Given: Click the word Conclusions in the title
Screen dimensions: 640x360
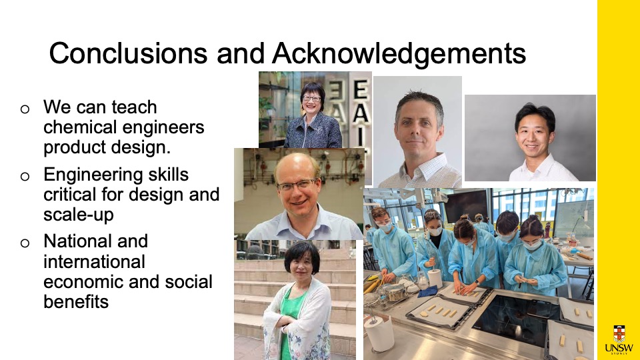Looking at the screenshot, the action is (128, 53).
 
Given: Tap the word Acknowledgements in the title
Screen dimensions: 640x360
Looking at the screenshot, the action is (399, 53).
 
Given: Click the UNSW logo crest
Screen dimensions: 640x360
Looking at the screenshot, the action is (619, 333).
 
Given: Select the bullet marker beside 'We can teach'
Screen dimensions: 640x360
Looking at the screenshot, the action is (25, 109).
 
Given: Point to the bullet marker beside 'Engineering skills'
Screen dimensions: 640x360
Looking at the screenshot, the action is (25, 176).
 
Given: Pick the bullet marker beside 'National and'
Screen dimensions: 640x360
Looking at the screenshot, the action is (25, 243).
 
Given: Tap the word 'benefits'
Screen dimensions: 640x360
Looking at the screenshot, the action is (76, 302).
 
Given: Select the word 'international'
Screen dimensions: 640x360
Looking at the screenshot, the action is (94, 261).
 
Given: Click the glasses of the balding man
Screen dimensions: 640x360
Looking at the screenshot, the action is (297, 185).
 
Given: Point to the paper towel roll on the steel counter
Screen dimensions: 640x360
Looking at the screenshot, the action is (379, 333).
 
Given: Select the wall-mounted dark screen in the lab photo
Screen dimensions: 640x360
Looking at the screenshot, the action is (466, 206).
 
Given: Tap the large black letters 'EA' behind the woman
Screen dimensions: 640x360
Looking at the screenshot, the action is (359, 102).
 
